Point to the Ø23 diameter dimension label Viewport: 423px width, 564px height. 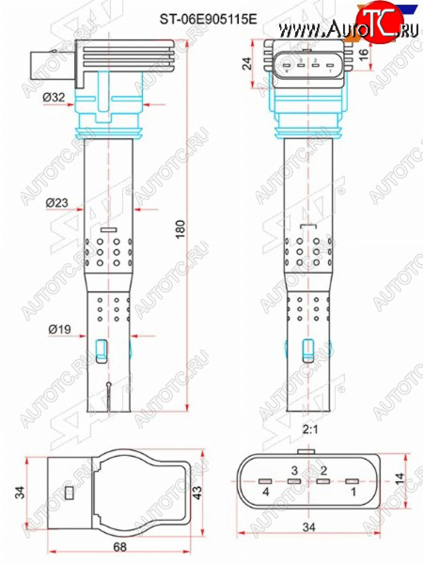[x=57, y=203]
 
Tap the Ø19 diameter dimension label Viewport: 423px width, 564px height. [x=59, y=329]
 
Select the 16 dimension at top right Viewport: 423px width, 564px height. [x=363, y=53]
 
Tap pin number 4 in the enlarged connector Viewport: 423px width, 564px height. [x=266, y=492]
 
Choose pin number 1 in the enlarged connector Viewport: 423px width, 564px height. [x=353, y=492]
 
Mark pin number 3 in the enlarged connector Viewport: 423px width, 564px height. [x=294, y=470]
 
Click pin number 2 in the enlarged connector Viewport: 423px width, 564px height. [x=323, y=470]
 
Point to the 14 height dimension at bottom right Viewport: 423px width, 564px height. [x=400, y=479]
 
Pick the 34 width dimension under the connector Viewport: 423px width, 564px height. [x=309, y=527]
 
